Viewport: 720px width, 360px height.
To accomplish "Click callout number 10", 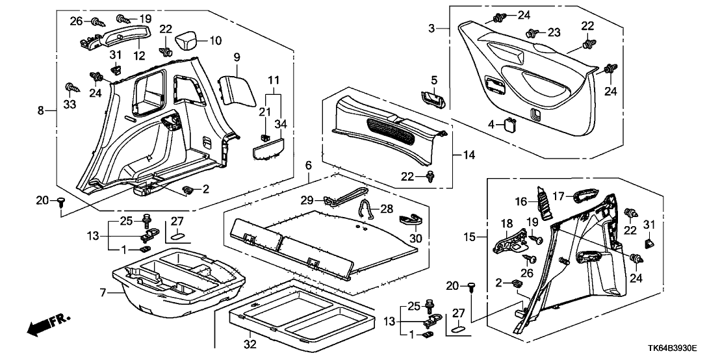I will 215,40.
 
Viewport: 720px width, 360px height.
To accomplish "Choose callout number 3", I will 431,28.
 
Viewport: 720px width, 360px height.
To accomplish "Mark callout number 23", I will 553,32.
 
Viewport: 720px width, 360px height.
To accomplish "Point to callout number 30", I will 416,238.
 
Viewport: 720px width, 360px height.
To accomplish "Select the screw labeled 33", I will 70,88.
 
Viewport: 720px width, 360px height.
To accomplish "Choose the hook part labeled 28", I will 367,209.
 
